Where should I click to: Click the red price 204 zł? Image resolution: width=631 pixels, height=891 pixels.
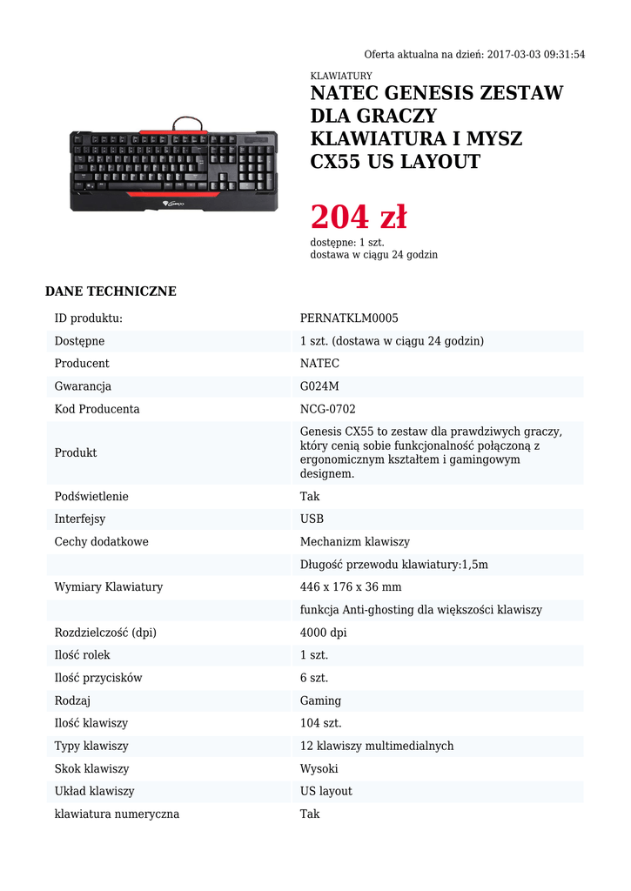[359, 218]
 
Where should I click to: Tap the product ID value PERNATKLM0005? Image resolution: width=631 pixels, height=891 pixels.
[349, 318]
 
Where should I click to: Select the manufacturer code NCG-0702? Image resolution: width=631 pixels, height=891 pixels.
[328, 409]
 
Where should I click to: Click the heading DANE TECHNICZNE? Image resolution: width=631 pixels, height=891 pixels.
[111, 291]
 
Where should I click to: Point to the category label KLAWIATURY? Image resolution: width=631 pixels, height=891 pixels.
[341, 77]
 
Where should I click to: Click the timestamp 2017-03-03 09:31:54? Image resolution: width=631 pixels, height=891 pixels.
[536, 54]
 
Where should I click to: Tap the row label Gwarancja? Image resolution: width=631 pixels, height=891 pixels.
[83, 386]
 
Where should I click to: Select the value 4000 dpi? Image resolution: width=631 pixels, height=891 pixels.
[324, 633]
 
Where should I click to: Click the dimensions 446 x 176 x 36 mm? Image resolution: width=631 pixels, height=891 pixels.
[351, 587]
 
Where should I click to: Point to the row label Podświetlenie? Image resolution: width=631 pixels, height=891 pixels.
[91, 496]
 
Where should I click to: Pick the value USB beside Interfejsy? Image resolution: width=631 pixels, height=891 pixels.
[312, 519]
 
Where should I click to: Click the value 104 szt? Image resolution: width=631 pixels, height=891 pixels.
[321, 723]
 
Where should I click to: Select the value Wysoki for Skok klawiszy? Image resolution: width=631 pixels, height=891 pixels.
[319, 768]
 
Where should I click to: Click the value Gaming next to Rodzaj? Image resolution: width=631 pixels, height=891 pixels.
[320, 700]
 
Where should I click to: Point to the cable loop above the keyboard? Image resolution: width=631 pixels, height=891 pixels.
[189, 123]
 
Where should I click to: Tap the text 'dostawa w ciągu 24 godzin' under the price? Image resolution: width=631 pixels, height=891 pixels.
[374, 255]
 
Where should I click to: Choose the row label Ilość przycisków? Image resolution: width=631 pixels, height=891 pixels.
[98, 678]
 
